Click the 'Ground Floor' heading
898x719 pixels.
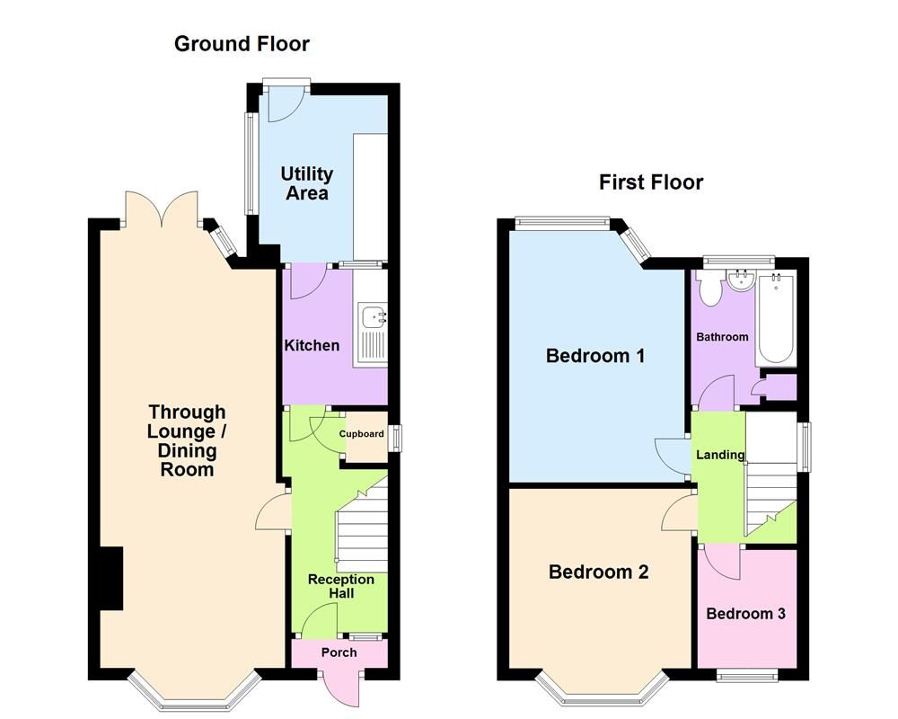point(242,43)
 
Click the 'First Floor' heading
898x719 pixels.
point(651,182)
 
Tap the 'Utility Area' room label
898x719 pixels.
point(306,183)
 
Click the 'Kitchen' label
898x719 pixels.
point(312,345)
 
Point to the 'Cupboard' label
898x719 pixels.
point(361,434)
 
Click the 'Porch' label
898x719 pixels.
point(339,652)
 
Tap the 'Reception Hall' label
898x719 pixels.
point(340,586)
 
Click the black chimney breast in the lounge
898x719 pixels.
point(110,579)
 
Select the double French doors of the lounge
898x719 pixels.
point(161,209)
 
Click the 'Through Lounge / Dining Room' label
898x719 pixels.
point(188,440)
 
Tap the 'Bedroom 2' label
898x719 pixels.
point(598,572)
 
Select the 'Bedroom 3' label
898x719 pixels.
point(745,614)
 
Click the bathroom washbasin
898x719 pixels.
point(742,281)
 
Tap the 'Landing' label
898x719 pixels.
point(720,455)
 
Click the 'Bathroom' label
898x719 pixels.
point(722,337)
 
